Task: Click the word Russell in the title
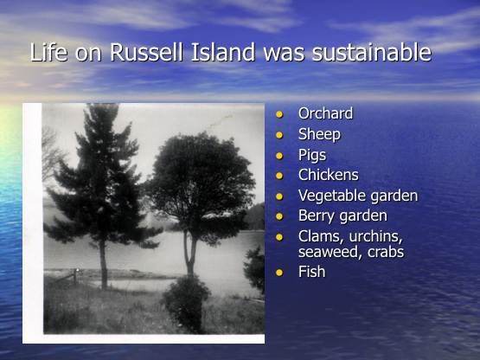(146, 52)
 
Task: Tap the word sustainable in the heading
(372, 52)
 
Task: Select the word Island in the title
(223, 52)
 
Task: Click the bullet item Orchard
(325, 113)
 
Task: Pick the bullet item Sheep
(319, 134)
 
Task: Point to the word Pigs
(312, 155)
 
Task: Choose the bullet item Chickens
(328, 175)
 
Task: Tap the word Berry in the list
(317, 215)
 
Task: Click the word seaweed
(329, 252)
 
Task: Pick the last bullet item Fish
(311, 272)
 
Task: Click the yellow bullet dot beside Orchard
(279, 114)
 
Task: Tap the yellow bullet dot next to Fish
(279, 273)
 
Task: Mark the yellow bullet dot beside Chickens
(279, 176)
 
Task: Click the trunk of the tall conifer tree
(104, 263)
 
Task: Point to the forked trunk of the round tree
(189, 254)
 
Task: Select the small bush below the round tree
(186, 304)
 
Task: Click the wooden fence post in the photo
(75, 277)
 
